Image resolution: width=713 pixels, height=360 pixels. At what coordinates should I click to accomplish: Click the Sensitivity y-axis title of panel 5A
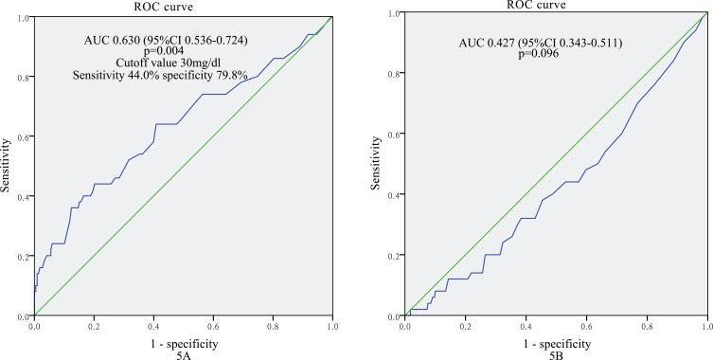tap(8, 166)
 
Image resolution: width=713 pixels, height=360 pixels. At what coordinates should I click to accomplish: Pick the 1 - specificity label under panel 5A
tap(183, 340)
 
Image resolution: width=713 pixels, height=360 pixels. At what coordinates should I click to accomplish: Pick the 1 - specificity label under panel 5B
tap(558, 340)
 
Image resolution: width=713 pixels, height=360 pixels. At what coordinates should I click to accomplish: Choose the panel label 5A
tap(183, 352)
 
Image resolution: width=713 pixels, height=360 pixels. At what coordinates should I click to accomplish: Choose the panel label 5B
tap(559, 352)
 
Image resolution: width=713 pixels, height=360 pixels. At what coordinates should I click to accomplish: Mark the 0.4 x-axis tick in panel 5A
tap(153, 326)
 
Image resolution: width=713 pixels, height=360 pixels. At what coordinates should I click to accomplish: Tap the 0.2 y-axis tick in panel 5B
tap(395, 255)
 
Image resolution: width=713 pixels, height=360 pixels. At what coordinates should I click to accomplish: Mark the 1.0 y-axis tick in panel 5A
tap(24, 17)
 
